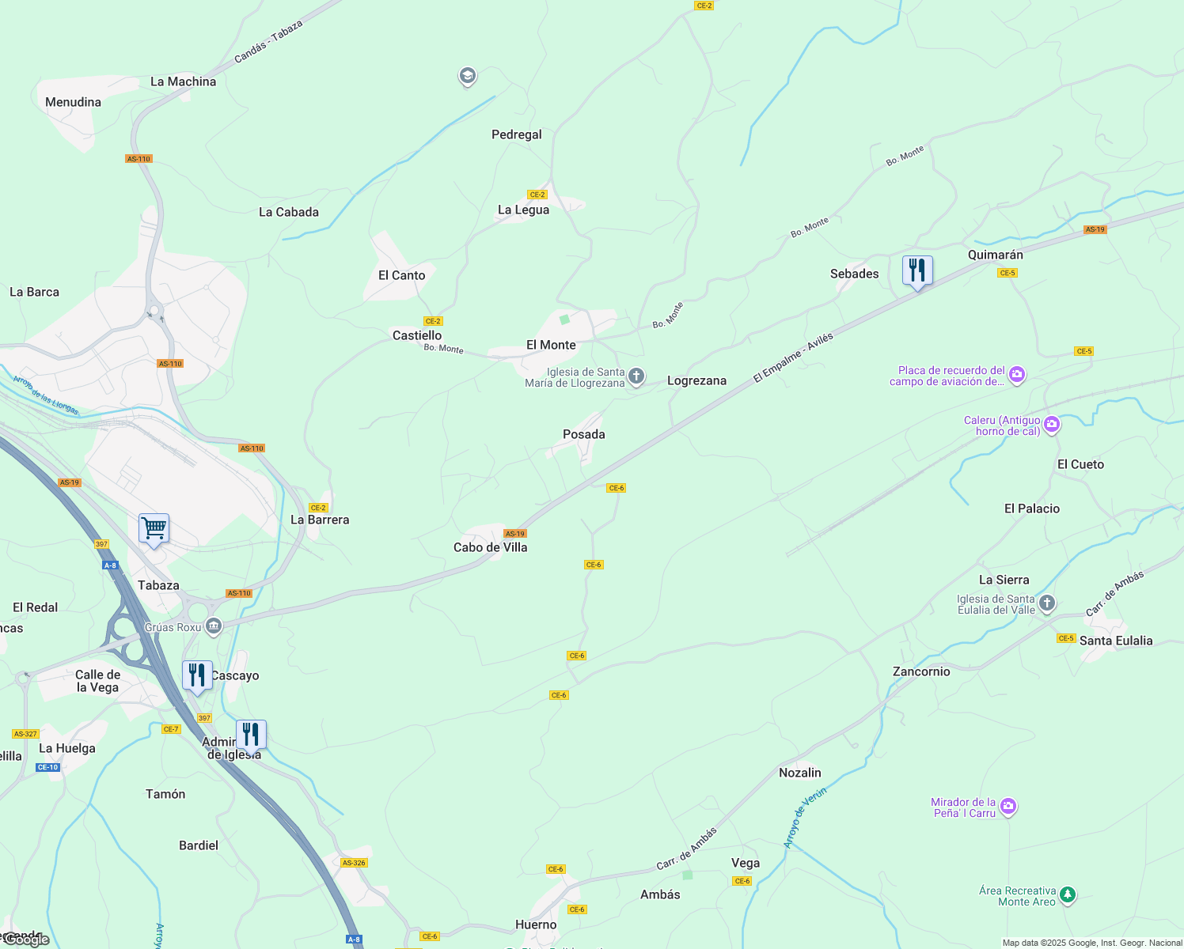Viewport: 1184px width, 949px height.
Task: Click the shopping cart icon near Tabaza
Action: (154, 528)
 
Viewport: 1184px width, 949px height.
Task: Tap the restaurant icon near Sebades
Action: (917, 270)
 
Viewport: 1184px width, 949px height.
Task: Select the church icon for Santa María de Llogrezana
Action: (636, 376)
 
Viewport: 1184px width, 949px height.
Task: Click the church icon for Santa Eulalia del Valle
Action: (1046, 604)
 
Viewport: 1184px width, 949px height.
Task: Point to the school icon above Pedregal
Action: (467, 76)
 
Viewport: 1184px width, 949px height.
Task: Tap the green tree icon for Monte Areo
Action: (1068, 895)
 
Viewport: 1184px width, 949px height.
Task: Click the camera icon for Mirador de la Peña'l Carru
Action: (1008, 807)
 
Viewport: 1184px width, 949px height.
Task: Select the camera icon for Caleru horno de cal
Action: (1051, 425)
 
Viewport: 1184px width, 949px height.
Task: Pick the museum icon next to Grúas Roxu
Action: (213, 627)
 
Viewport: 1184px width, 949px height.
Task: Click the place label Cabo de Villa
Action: (490, 547)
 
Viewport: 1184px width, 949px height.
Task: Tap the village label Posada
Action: (583, 434)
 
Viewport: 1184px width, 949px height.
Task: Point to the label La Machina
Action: (183, 81)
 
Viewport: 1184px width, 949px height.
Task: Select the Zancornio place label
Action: (920, 671)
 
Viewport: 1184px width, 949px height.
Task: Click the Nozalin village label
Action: (799, 773)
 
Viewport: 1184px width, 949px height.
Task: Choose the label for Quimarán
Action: (995, 255)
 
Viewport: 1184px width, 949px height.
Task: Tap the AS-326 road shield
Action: (354, 863)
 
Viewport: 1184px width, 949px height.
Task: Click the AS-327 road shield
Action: (25, 734)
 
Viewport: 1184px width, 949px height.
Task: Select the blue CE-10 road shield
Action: (47, 767)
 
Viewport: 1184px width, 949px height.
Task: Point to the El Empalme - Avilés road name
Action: (793, 358)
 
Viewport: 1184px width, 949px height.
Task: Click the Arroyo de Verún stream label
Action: (805, 818)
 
